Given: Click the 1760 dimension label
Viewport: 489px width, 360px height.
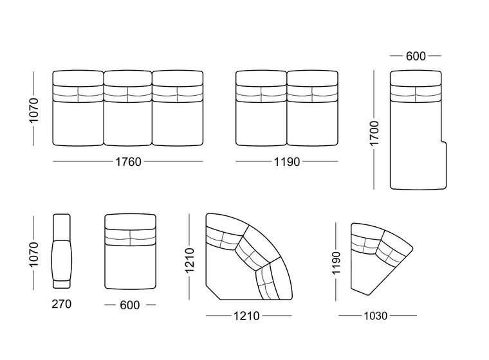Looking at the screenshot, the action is [x=128, y=162].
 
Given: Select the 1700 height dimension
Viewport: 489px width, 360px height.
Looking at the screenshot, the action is [x=374, y=133].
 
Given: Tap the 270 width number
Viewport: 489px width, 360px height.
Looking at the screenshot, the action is [x=61, y=304].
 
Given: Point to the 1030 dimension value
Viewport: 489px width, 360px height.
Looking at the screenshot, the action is [x=376, y=316].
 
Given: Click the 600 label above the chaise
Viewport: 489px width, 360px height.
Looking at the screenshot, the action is [x=416, y=56].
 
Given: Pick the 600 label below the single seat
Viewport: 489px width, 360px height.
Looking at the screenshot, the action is [x=130, y=305].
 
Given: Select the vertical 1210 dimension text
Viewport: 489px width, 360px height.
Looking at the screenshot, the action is [x=190, y=260].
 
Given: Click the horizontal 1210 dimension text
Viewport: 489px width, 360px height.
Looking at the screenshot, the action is [x=246, y=316].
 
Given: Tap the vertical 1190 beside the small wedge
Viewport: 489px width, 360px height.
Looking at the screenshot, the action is [x=336, y=263].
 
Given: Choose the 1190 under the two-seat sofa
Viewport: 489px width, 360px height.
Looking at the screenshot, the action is [x=286, y=162].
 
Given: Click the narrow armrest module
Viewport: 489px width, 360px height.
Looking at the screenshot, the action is [x=61, y=251].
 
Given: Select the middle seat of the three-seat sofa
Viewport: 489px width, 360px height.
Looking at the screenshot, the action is [x=128, y=108].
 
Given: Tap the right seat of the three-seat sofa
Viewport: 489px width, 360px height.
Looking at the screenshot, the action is [x=178, y=108].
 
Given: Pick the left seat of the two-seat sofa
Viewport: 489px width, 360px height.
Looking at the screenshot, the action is [x=261, y=108].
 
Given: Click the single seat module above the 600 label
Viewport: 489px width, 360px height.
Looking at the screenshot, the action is [x=130, y=251].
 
